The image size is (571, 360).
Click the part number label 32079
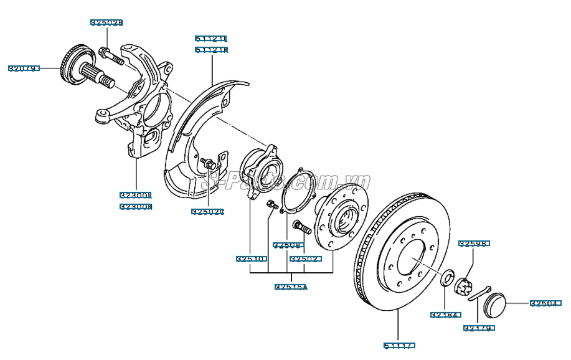tap(24, 69)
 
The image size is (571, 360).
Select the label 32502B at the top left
tap(106, 22)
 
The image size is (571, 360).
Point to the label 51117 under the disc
tap(399, 345)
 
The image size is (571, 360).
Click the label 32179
tap(478, 327)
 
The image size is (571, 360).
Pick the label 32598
tap(474, 244)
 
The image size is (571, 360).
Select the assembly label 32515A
tap(291, 287)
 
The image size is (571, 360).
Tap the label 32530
tap(251, 258)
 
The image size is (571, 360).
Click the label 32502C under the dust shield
tap(207, 212)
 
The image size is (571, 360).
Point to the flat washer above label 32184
tap(446, 278)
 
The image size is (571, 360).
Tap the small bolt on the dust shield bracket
tap(208, 163)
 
